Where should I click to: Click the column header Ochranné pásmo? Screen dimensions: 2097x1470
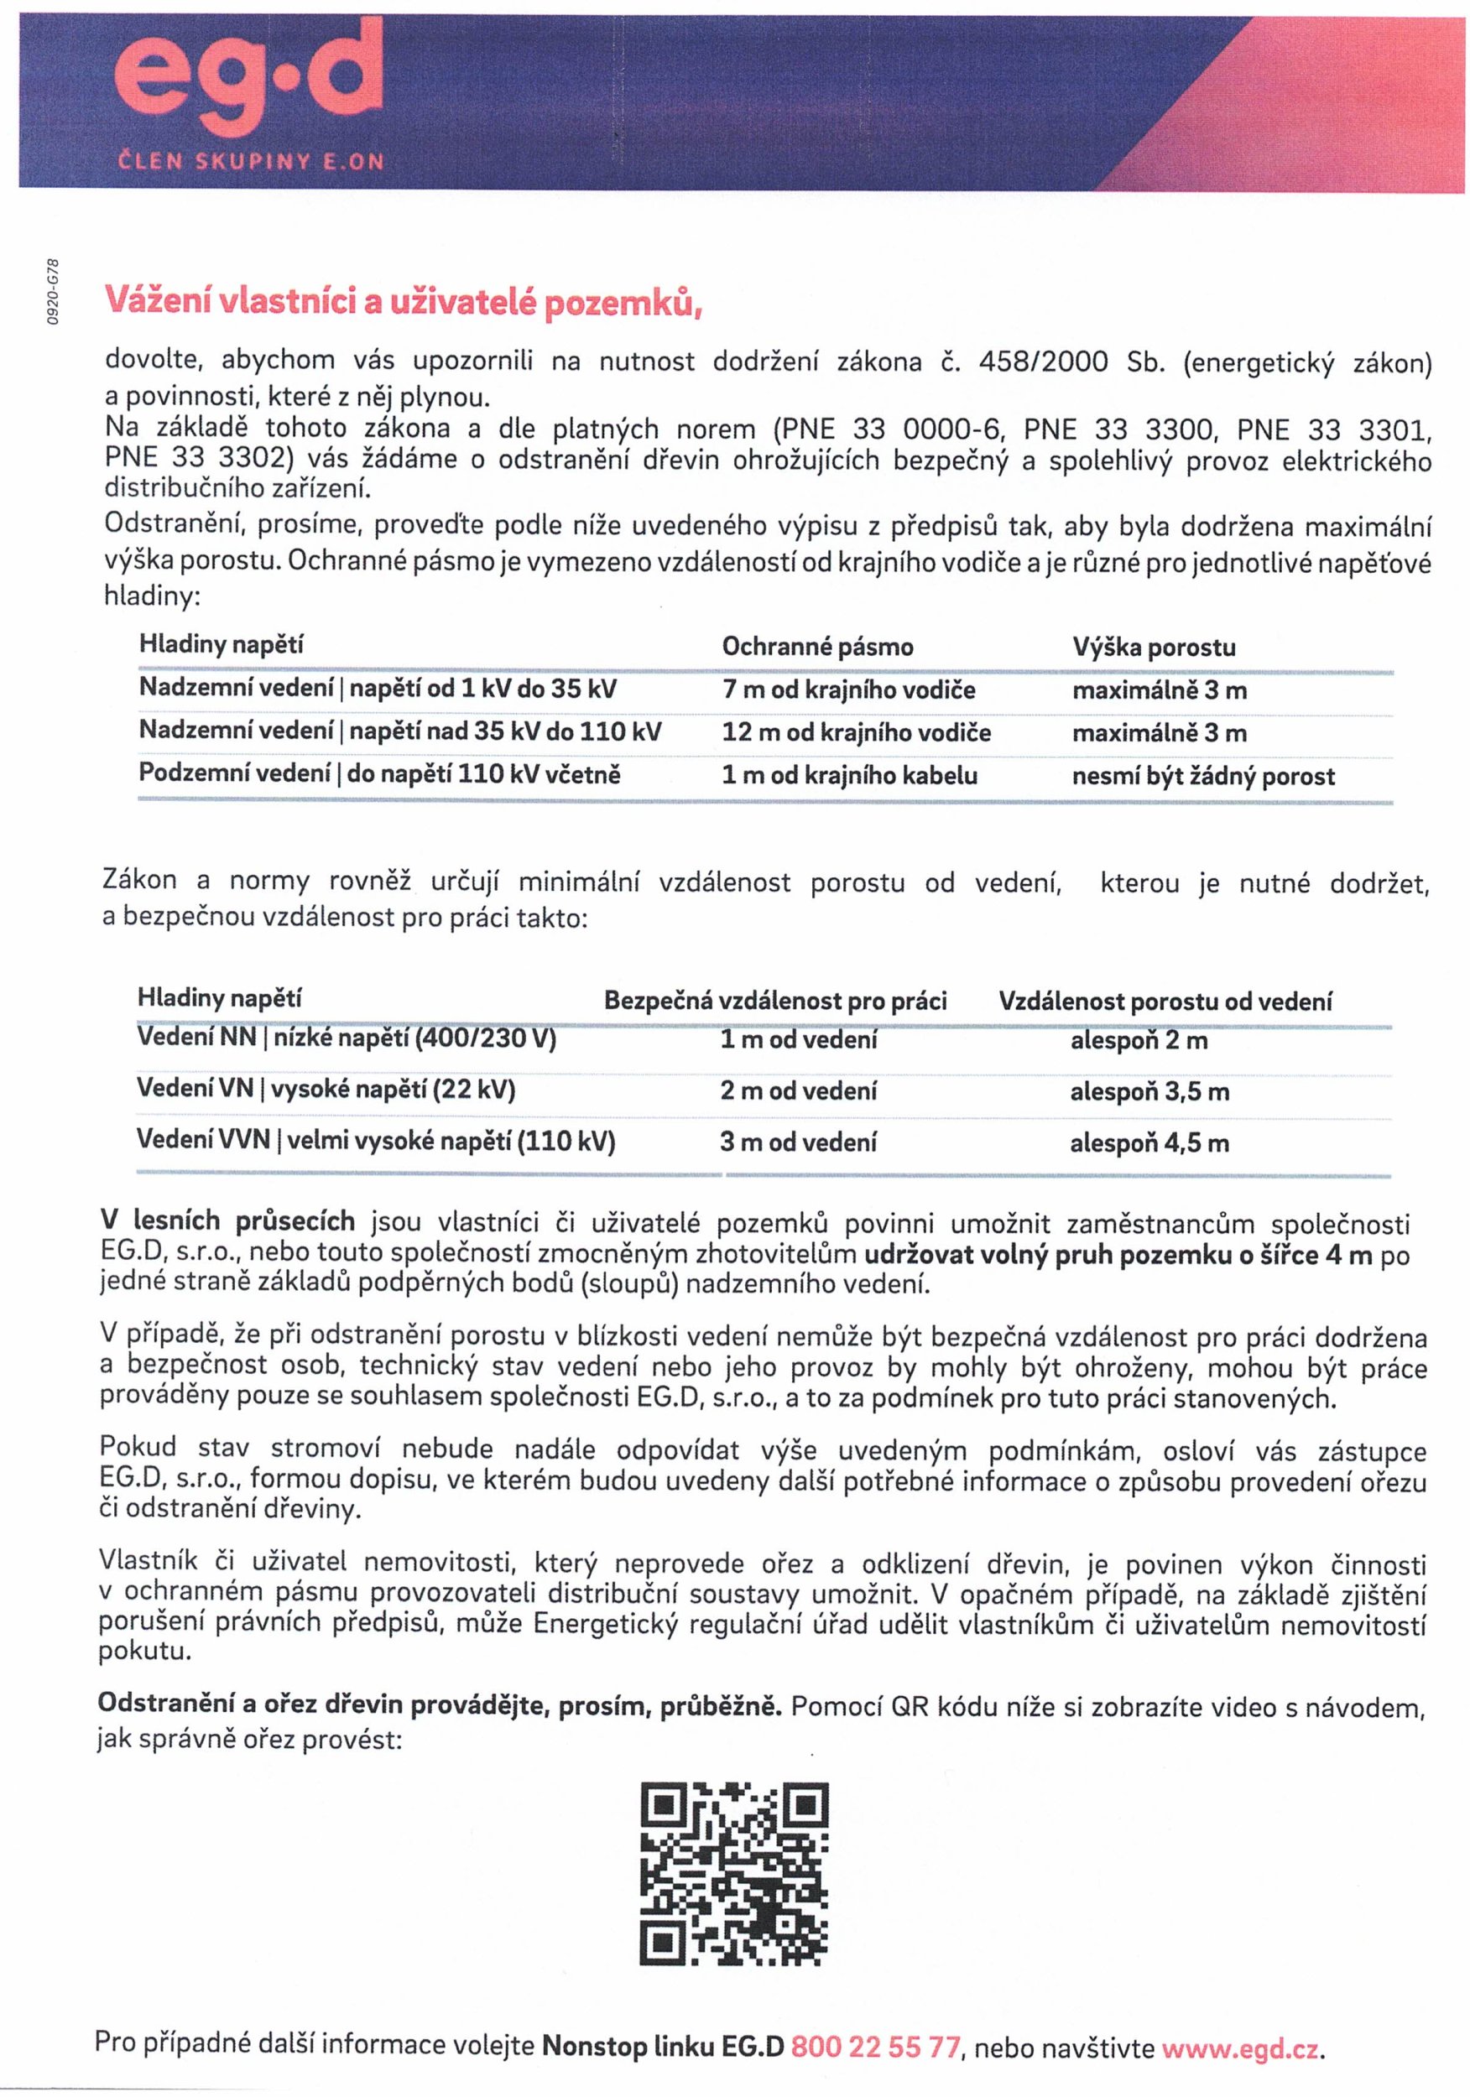coord(816,648)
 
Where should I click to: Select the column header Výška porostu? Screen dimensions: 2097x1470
coord(1153,648)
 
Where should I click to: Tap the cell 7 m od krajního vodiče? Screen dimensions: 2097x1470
coord(847,689)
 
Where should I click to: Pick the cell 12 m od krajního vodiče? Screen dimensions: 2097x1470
coord(855,732)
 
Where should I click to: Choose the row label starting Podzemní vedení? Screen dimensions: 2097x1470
coord(379,774)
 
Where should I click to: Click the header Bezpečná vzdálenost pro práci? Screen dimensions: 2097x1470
coord(774,1001)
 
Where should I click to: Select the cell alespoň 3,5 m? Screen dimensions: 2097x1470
coord(1149,1091)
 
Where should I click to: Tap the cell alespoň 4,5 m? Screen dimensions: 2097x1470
coord(1149,1142)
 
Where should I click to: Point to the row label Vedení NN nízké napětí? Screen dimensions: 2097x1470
coord(347,1038)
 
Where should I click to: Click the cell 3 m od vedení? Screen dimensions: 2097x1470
coord(798,1142)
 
